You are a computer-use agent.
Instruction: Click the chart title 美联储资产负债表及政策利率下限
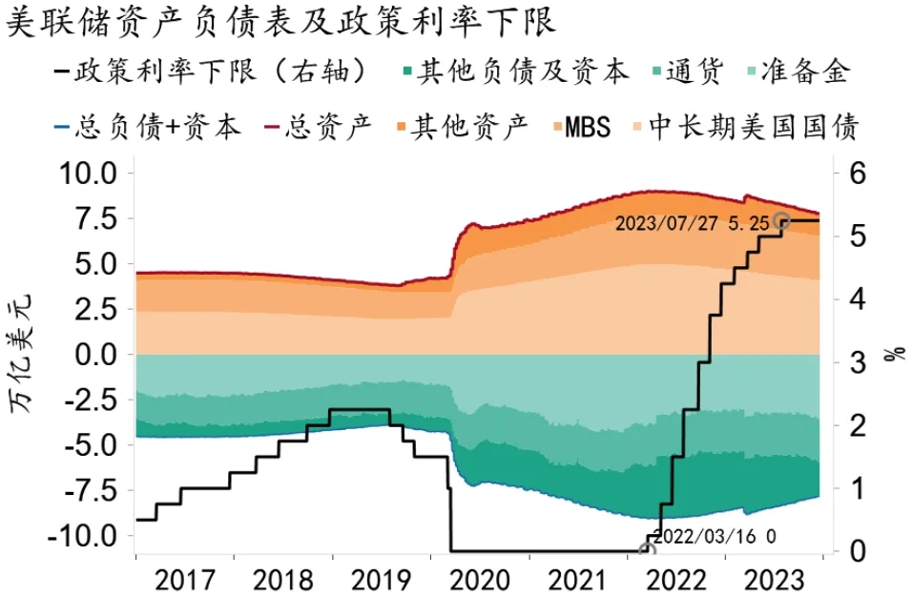pos(280,21)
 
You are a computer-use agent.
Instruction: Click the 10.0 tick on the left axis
pos(87,174)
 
